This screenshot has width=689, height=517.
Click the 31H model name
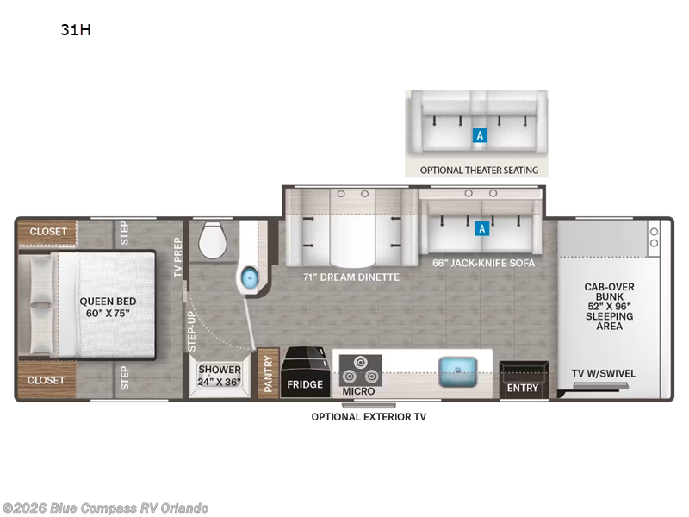76,30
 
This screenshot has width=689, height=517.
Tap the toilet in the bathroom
213,240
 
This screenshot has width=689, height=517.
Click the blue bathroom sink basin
249,277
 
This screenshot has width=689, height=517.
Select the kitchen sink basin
457,372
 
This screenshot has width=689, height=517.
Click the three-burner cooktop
360,371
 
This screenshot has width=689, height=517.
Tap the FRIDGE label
305,384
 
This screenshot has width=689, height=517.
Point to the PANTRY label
269,374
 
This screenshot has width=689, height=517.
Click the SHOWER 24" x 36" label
220,376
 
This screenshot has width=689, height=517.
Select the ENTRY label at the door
523,389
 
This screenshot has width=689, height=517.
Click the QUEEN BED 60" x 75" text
108,308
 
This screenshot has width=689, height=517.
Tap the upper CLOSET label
48,231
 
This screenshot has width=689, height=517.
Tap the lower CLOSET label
47,380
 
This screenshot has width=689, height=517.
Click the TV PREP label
177,257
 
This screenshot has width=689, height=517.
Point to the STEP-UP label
191,332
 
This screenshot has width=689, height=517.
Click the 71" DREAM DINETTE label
351,277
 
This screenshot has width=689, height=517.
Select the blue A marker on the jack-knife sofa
482,228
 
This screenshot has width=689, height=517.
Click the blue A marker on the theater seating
480,135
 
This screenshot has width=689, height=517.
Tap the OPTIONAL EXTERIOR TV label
369,417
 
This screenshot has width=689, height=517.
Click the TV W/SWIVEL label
604,374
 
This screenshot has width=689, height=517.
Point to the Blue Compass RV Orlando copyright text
104,508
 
